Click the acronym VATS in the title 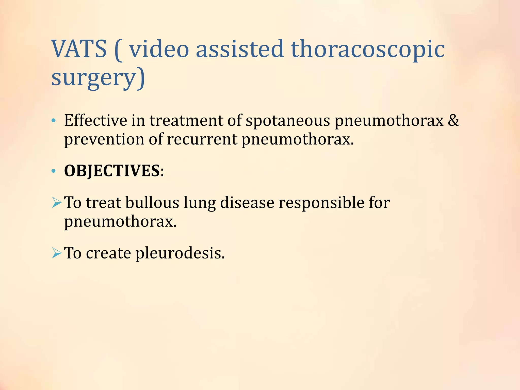(x=79, y=49)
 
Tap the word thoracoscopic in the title (x=367, y=49)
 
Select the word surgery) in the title (x=98, y=77)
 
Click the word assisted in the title (x=239, y=49)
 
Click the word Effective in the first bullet (x=95, y=120)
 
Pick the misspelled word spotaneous (x=288, y=121)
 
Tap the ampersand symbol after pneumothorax (x=453, y=120)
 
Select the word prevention (x=104, y=140)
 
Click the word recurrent (x=202, y=140)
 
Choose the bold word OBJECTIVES (x=112, y=171)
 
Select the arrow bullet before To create (x=56, y=253)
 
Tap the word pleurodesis (x=180, y=253)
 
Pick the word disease (x=247, y=203)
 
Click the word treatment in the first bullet (x=186, y=120)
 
